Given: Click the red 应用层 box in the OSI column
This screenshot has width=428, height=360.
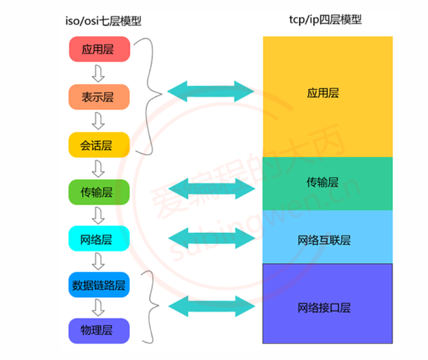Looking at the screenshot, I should click(99, 49).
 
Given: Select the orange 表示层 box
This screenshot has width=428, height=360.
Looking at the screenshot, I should click(99, 97).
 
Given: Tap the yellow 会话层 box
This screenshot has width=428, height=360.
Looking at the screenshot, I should click(99, 145).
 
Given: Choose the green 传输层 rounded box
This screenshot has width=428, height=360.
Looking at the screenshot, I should click(99, 192).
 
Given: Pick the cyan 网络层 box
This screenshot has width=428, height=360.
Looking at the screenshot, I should click(99, 240).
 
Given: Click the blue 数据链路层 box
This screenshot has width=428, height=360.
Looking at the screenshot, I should click(99, 285).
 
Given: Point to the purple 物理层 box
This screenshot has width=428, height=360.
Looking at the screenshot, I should click(99, 330).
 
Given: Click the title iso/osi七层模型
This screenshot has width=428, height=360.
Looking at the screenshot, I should click(103, 21).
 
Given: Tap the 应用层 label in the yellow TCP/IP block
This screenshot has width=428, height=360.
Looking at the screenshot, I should click(323, 93).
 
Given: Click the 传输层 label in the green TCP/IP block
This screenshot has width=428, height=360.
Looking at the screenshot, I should click(323, 182).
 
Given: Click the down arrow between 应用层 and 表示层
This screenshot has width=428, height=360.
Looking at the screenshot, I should click(99, 73).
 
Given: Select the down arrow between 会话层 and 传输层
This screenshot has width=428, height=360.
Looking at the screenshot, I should click(99, 169).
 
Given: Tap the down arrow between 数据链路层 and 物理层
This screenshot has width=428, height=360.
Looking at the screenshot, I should click(99, 308).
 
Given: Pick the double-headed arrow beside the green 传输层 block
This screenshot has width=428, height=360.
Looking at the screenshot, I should click(212, 188).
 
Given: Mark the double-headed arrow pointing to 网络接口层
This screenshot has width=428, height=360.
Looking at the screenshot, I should click(212, 306).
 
